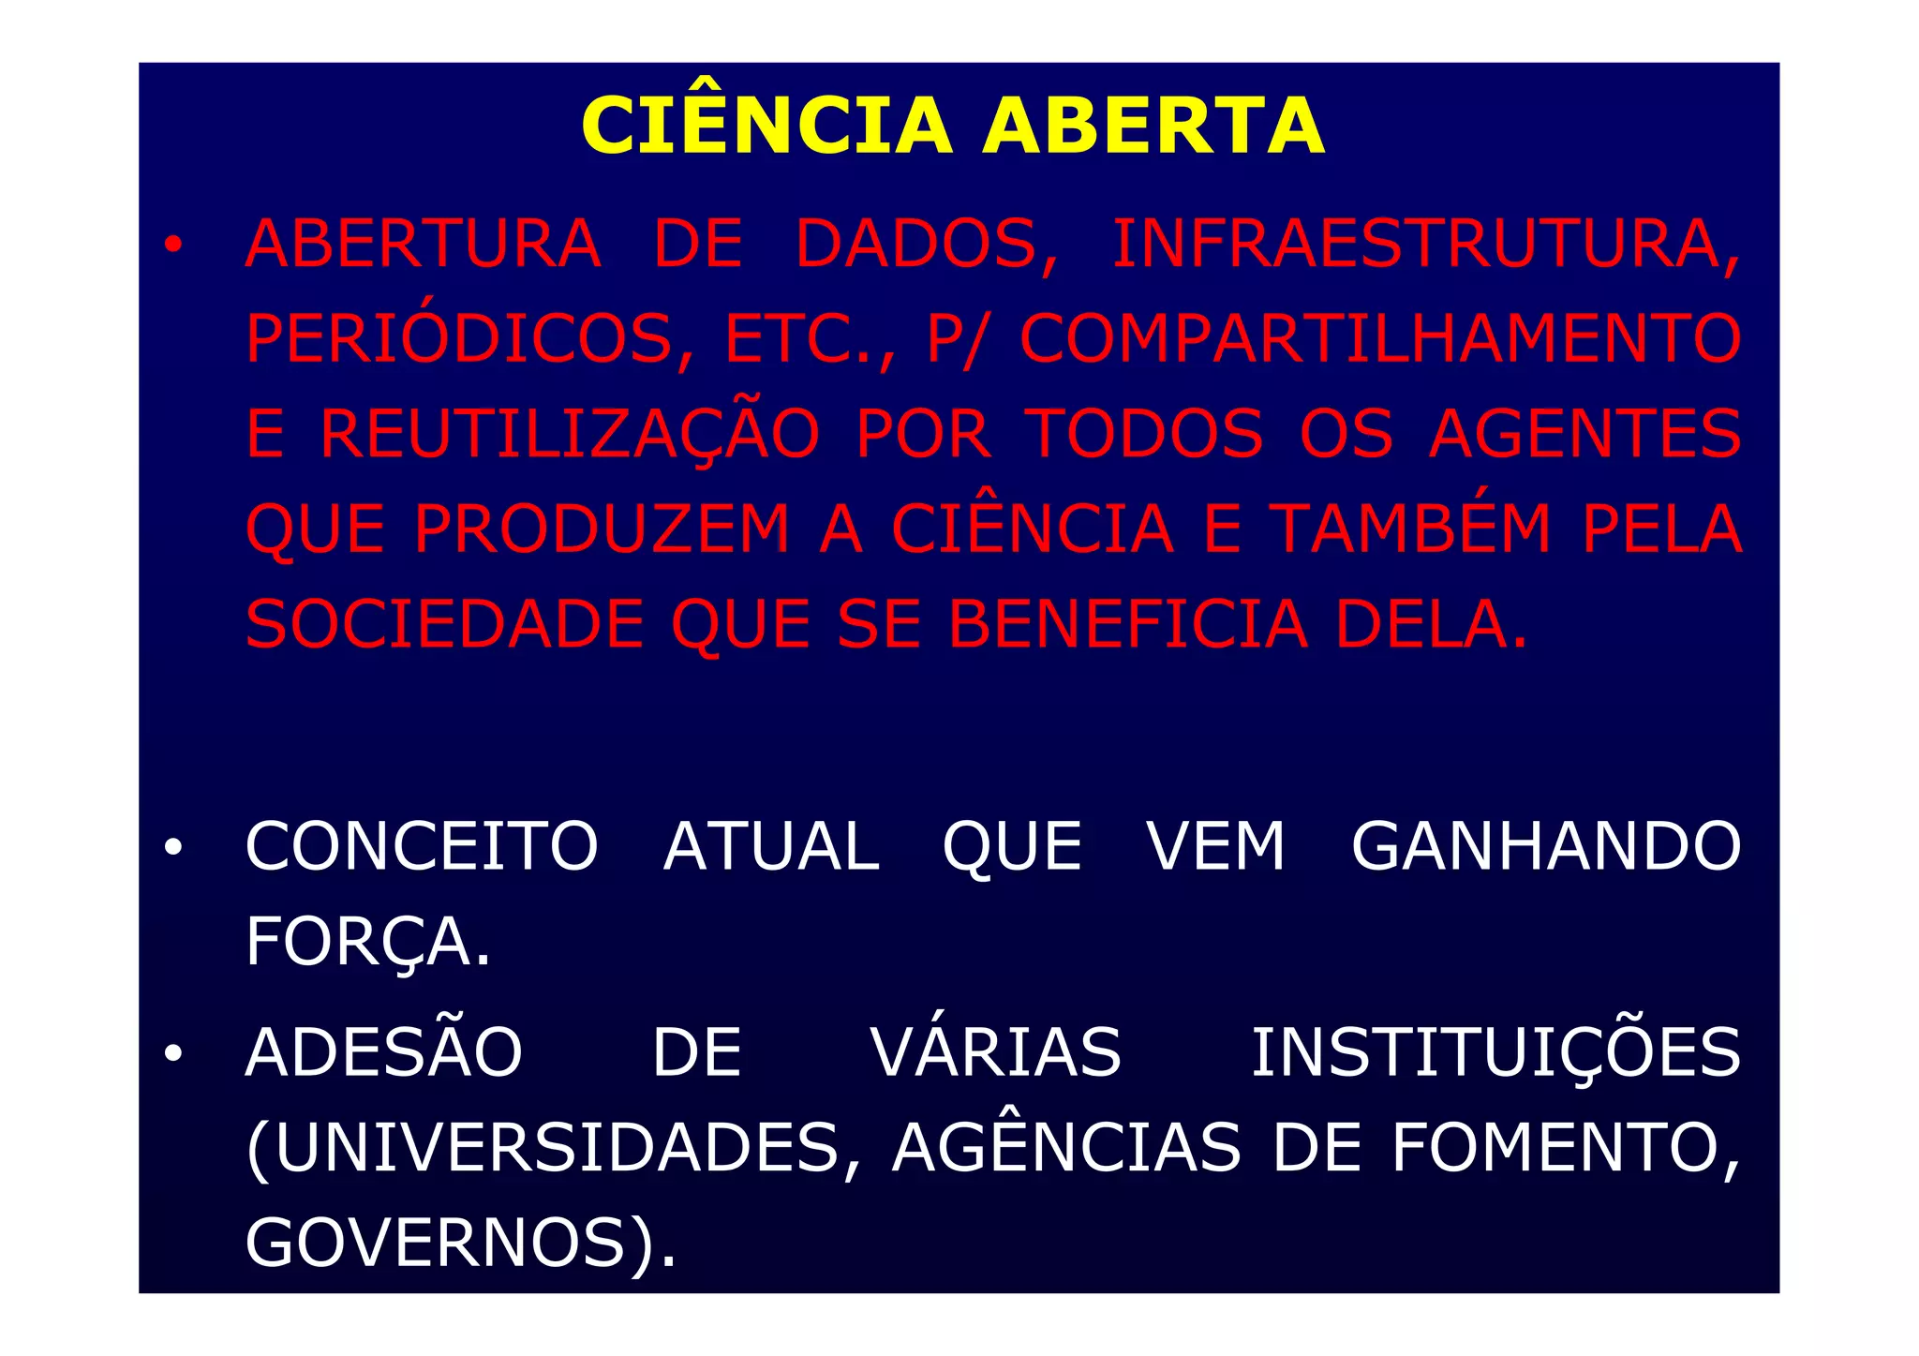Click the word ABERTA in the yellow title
[1153, 127]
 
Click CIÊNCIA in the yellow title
[766, 127]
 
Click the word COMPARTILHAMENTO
[1380, 339]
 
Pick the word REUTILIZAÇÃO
[570, 435]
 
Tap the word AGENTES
[1584, 435]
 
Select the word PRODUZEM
[602, 530]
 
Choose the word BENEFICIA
[1128, 625]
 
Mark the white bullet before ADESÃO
[172, 1054]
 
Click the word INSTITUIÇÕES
[1496, 1052]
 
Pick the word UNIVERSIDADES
[553, 1149]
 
